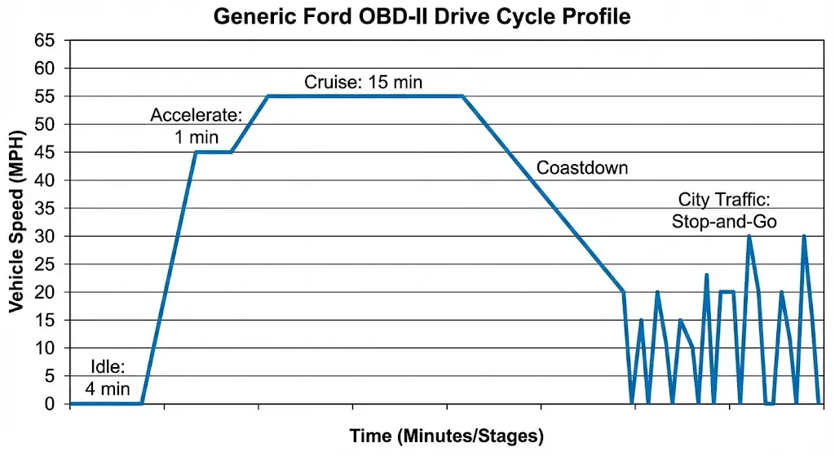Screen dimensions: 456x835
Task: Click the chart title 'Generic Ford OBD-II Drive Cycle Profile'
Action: (x=422, y=15)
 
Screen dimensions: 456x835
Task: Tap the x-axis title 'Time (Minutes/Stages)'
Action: (x=446, y=436)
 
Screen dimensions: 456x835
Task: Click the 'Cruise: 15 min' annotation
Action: (x=363, y=82)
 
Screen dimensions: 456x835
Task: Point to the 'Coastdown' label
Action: (x=582, y=169)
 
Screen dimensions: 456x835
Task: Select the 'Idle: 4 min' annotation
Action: (x=102, y=378)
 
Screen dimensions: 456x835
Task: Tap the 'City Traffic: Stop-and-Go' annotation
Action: (x=724, y=210)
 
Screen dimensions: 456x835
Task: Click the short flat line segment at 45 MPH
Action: (x=214, y=153)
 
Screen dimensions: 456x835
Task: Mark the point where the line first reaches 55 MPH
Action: (x=268, y=96)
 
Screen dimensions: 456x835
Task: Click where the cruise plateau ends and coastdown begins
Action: (x=463, y=96)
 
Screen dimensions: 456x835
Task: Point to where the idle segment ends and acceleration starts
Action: (x=142, y=404)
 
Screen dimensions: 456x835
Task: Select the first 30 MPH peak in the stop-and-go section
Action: (x=749, y=237)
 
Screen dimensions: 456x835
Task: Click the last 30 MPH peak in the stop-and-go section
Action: (x=804, y=237)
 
